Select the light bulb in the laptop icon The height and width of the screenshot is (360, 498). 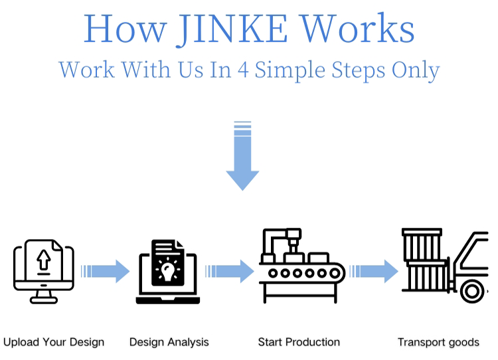(167, 270)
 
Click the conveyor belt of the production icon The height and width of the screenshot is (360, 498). (302, 273)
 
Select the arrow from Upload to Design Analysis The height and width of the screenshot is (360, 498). (105, 271)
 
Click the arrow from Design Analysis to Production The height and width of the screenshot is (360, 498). (230, 271)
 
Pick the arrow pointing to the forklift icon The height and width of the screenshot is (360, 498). (374, 271)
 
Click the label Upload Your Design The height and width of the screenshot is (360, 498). (54, 343)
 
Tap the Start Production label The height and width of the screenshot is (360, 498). (299, 343)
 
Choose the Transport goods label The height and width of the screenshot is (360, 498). (438, 343)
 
